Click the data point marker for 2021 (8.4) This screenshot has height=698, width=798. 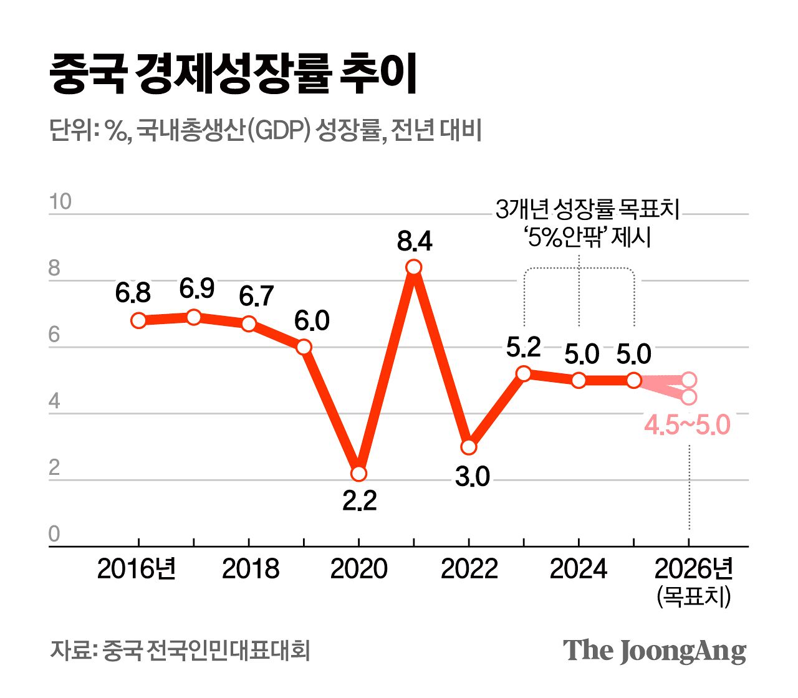coord(413,267)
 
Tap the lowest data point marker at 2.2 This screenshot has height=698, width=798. coord(358,474)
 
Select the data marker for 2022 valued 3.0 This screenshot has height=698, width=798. coord(468,447)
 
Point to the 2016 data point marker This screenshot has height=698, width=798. coord(138,320)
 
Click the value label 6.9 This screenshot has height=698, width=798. coord(197,289)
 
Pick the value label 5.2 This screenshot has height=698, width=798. coord(523,347)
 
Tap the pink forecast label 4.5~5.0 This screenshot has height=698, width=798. coord(686,426)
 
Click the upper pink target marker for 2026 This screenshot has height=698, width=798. coord(688,380)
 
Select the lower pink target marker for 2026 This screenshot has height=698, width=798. coord(688,397)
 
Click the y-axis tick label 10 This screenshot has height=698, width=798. coord(60,202)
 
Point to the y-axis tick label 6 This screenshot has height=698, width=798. coord(54,335)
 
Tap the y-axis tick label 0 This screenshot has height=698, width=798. coord(54,535)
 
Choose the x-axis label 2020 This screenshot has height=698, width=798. coord(358,569)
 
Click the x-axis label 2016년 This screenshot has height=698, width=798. coord(137,569)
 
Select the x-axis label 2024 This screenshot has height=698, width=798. coord(578,569)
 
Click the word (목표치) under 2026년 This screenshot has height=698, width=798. coord(693,596)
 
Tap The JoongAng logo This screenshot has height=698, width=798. coord(655,651)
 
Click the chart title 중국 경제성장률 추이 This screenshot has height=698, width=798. coord(233,74)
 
